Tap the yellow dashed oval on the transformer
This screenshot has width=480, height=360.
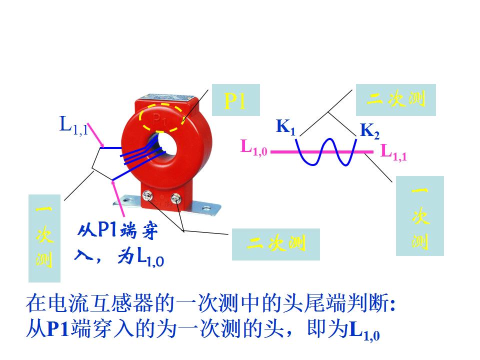point(161,120)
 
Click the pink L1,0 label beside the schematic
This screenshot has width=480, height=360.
point(254,147)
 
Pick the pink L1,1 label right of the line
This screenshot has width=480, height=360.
point(394,151)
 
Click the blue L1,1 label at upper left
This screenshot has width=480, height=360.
point(73,125)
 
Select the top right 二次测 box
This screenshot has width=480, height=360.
point(396,99)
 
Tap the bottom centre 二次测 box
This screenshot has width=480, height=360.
point(275,244)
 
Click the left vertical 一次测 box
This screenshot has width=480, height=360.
point(44,238)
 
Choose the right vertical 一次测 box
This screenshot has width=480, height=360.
point(420,216)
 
